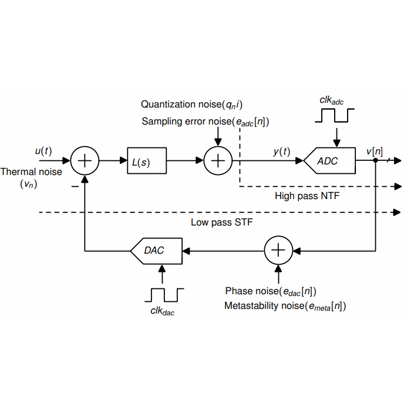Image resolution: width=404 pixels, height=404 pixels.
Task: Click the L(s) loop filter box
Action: coord(147,160)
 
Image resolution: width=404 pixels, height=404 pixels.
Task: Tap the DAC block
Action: coord(156,250)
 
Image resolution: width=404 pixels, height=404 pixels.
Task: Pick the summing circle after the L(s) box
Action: coord(218,160)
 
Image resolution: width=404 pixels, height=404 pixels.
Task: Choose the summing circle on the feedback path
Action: coord(278,250)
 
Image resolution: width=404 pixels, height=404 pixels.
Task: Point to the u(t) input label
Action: coord(43,151)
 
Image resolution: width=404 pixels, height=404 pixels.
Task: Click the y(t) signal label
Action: coord(282,151)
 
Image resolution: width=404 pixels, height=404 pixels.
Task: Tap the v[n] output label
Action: coord(374,151)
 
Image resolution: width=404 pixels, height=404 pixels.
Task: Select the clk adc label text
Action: coord(332,101)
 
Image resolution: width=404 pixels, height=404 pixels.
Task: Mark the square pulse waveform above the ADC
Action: coord(332,116)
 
